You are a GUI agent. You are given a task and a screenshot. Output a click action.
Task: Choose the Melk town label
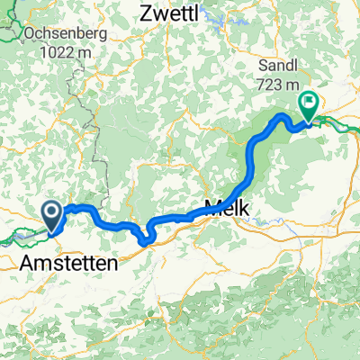(227, 206)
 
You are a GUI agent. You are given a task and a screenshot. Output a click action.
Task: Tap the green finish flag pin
(308, 105)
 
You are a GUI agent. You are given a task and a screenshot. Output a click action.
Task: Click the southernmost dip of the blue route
(144, 239)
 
